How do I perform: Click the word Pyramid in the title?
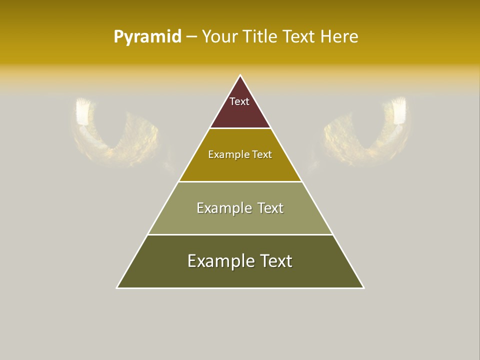click(147, 37)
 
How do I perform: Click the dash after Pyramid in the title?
click(191, 37)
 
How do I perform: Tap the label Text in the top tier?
click(239, 101)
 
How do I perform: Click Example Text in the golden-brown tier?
click(240, 154)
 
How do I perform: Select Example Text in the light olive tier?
click(240, 208)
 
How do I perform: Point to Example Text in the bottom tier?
click(240, 261)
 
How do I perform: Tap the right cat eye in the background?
click(367, 130)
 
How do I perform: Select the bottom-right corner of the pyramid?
click(363, 287)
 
